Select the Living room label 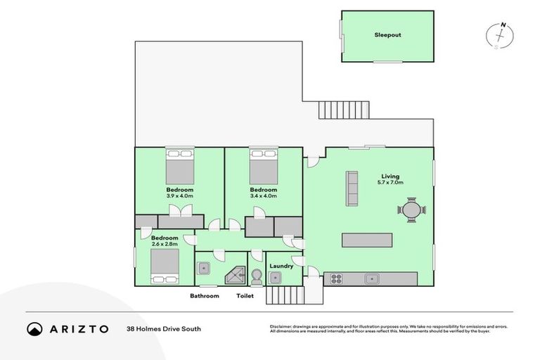(x=390, y=176)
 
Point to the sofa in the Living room (x=352, y=188)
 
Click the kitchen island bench (x=366, y=240)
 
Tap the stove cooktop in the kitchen (x=336, y=278)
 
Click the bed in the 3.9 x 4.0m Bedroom (x=180, y=169)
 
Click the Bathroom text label (x=204, y=296)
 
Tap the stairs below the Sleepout (x=344, y=110)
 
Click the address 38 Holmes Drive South (x=159, y=328)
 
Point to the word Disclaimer (x=281, y=326)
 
